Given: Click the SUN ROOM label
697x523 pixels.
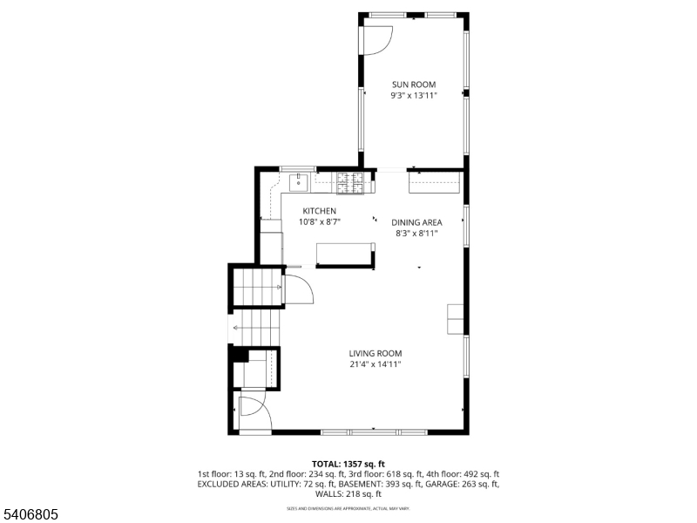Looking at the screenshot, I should (413, 85).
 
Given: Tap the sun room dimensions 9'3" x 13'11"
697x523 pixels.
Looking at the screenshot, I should (413, 95).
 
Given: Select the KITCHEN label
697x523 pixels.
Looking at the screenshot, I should (319, 211).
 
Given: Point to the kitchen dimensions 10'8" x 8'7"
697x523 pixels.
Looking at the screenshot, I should (319, 222).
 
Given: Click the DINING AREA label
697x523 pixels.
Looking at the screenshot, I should (416, 222).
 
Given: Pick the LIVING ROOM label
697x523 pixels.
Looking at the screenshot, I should (376, 353).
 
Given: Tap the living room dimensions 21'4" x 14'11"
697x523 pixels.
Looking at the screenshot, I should (376, 364).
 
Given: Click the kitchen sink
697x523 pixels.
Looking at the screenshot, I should (299, 181).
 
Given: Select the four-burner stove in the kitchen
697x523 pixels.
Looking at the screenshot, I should (350, 181).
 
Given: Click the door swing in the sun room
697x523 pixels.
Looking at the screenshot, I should (377, 38).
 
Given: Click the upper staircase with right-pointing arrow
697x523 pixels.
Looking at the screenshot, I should (257, 286).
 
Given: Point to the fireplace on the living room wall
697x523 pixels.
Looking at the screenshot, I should (456, 319).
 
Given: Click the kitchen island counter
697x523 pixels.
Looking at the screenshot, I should (344, 255).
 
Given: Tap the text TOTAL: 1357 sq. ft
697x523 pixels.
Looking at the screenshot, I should (348, 464).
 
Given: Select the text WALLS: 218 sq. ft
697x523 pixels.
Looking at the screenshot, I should (348, 493).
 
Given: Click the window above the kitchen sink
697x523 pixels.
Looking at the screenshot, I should (296, 168).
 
